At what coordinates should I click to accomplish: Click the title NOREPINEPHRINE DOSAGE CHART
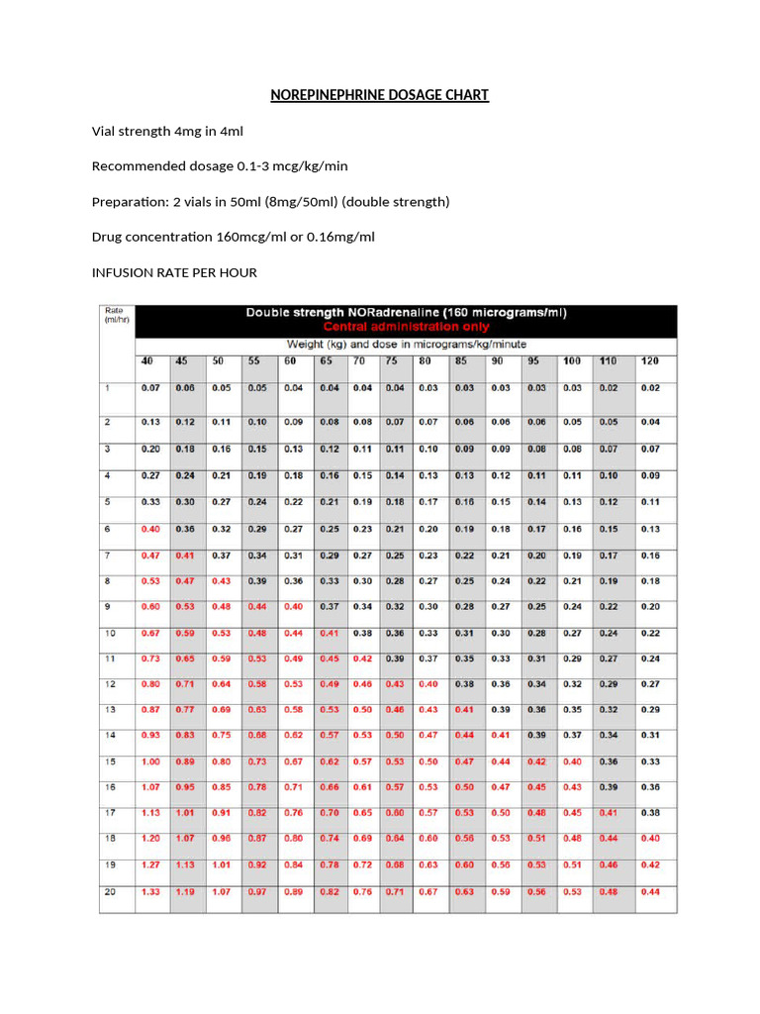(380, 95)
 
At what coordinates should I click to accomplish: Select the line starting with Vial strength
(167, 131)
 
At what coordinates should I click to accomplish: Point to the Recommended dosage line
(220, 166)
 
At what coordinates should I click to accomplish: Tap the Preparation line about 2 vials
(270, 202)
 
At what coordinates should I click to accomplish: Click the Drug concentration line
(233, 238)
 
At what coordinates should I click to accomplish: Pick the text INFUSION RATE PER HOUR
(174, 273)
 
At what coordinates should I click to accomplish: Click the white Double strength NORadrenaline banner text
(406, 312)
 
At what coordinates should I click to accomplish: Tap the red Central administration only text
(406, 326)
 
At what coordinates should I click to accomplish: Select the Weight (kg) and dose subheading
(406, 344)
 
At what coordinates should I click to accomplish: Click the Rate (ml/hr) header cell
(116, 315)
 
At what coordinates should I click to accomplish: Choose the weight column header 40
(146, 361)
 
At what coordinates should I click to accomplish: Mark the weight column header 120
(650, 361)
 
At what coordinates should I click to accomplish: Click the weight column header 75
(393, 361)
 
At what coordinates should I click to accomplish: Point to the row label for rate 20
(110, 891)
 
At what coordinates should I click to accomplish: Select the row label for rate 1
(107, 387)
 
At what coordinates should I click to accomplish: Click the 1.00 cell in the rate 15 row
(150, 761)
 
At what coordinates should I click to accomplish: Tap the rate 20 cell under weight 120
(650, 891)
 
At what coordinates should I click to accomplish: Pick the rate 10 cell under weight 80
(428, 633)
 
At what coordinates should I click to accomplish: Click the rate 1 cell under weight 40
(150, 387)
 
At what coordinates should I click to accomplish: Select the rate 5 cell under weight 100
(572, 502)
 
